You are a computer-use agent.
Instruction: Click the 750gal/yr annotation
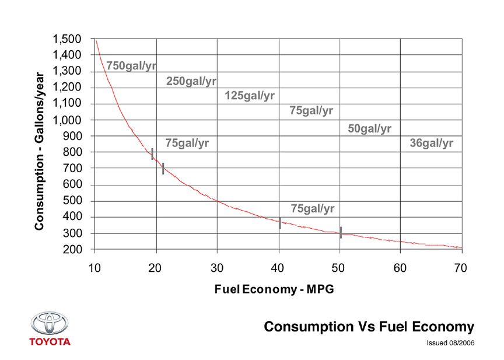coord(131,66)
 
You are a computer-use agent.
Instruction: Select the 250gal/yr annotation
coord(191,81)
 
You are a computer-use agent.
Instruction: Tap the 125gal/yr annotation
coord(249,95)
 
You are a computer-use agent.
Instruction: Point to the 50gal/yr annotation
coord(369,128)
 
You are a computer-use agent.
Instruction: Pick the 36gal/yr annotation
coord(432,143)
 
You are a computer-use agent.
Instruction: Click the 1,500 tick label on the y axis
coord(67,40)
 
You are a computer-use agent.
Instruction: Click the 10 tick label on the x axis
coord(94,268)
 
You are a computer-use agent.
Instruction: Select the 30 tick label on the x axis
coord(217,268)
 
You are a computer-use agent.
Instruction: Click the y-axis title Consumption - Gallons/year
coord(40,151)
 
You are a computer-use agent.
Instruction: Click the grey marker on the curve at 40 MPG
coord(280,223)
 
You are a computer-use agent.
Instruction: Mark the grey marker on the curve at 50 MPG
coord(341,232)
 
